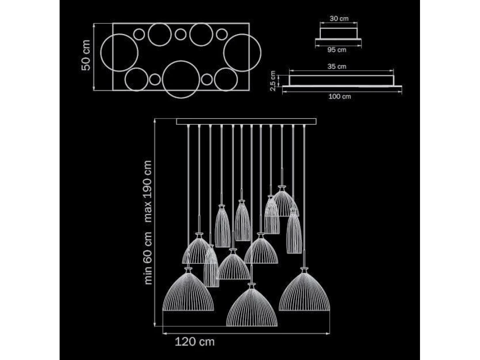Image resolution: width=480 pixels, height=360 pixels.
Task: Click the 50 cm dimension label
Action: pyautogui.click(x=86, y=55)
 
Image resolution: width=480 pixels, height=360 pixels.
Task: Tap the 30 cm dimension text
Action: pyautogui.click(x=339, y=18)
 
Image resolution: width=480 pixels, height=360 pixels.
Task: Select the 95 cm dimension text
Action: pyautogui.click(x=337, y=50)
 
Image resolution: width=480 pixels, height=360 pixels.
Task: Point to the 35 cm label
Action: pyautogui.click(x=337, y=66)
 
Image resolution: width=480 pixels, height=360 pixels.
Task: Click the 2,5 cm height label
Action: pyautogui.click(x=273, y=81)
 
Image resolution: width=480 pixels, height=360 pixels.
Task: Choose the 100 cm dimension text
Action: pyautogui.click(x=340, y=96)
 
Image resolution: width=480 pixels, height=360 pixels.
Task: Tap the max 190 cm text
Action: pyautogui.click(x=148, y=191)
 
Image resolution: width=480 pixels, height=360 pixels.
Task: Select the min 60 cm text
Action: pyautogui.click(x=148, y=258)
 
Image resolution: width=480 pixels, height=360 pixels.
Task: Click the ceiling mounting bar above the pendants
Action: pyautogui.click(x=246, y=122)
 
